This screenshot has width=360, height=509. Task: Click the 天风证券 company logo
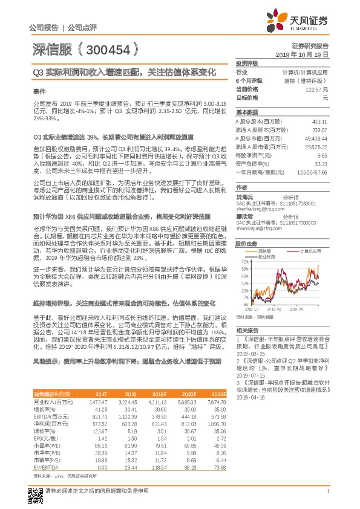[308, 22]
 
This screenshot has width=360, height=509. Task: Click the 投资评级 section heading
[247, 63]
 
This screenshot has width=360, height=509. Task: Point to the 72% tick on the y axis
[244, 262]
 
